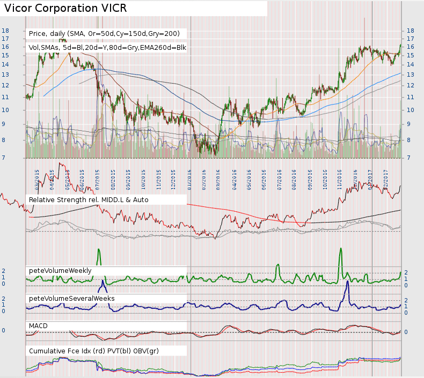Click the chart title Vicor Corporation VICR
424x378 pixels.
65,9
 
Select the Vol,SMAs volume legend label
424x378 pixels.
107,48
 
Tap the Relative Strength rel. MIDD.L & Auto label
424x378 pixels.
89,199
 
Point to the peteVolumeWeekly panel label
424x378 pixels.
60,270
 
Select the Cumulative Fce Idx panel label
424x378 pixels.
94,351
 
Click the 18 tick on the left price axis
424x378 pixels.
5,31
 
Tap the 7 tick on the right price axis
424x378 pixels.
411,158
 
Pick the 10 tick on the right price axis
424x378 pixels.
411,110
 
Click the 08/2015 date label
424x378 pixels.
114,179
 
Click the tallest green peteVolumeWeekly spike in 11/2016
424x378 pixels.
340,252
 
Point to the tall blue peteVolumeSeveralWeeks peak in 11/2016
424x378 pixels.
347,284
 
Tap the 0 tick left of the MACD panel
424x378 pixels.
4,330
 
